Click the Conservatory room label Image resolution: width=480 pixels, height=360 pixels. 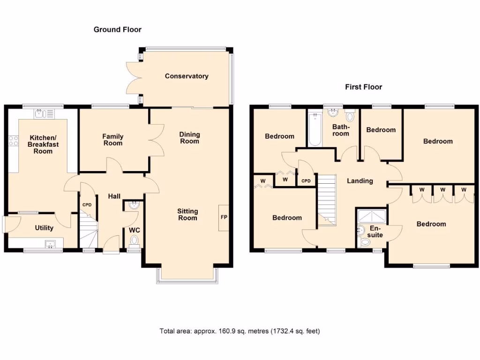[x=187, y=76]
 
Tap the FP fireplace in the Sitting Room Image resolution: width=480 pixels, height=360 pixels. [x=223, y=218]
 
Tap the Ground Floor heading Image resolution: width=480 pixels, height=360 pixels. [x=117, y=30]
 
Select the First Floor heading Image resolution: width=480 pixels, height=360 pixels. [x=363, y=87]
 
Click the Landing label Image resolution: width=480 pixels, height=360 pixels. [x=360, y=181]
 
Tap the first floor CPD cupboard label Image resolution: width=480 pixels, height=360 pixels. [x=306, y=180]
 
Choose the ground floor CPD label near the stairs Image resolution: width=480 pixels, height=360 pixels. [x=87, y=205]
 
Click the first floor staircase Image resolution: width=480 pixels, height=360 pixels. [x=327, y=199]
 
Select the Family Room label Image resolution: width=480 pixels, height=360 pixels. [x=113, y=140]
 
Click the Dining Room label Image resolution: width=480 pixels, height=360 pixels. [x=189, y=138]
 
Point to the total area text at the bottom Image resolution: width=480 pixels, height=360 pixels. [x=240, y=331]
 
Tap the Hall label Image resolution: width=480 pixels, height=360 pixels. [x=115, y=196]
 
